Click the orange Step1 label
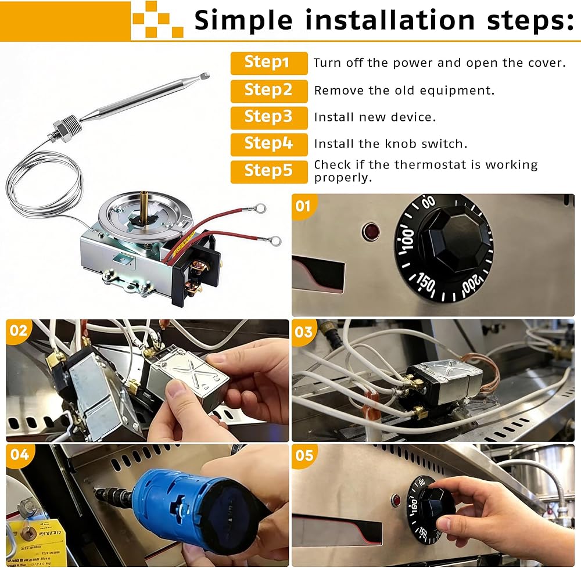point(269,63)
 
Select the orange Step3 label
point(269,118)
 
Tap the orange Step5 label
point(269,172)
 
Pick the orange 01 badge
point(303,206)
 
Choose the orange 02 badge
point(19,330)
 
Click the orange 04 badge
point(19,454)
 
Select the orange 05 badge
point(304,455)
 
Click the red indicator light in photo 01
point(371,232)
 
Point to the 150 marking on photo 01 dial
point(425,283)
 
